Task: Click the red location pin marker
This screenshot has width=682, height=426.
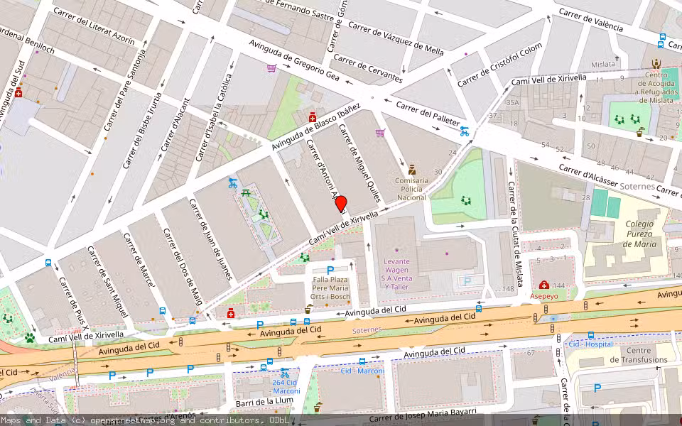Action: [341, 204]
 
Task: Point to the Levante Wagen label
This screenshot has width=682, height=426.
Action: [397, 266]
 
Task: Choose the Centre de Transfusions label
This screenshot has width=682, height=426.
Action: [639, 355]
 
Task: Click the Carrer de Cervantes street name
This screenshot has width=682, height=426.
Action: [368, 69]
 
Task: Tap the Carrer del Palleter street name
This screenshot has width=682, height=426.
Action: [427, 116]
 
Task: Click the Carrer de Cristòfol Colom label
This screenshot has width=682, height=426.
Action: [499, 65]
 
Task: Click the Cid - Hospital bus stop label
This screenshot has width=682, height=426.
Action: [592, 344]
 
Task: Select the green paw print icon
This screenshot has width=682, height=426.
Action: [30, 337]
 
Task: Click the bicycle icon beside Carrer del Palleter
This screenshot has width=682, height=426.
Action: [465, 131]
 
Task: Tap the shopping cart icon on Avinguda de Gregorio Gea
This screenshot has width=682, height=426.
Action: [271, 69]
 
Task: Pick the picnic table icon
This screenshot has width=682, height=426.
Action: [246, 192]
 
